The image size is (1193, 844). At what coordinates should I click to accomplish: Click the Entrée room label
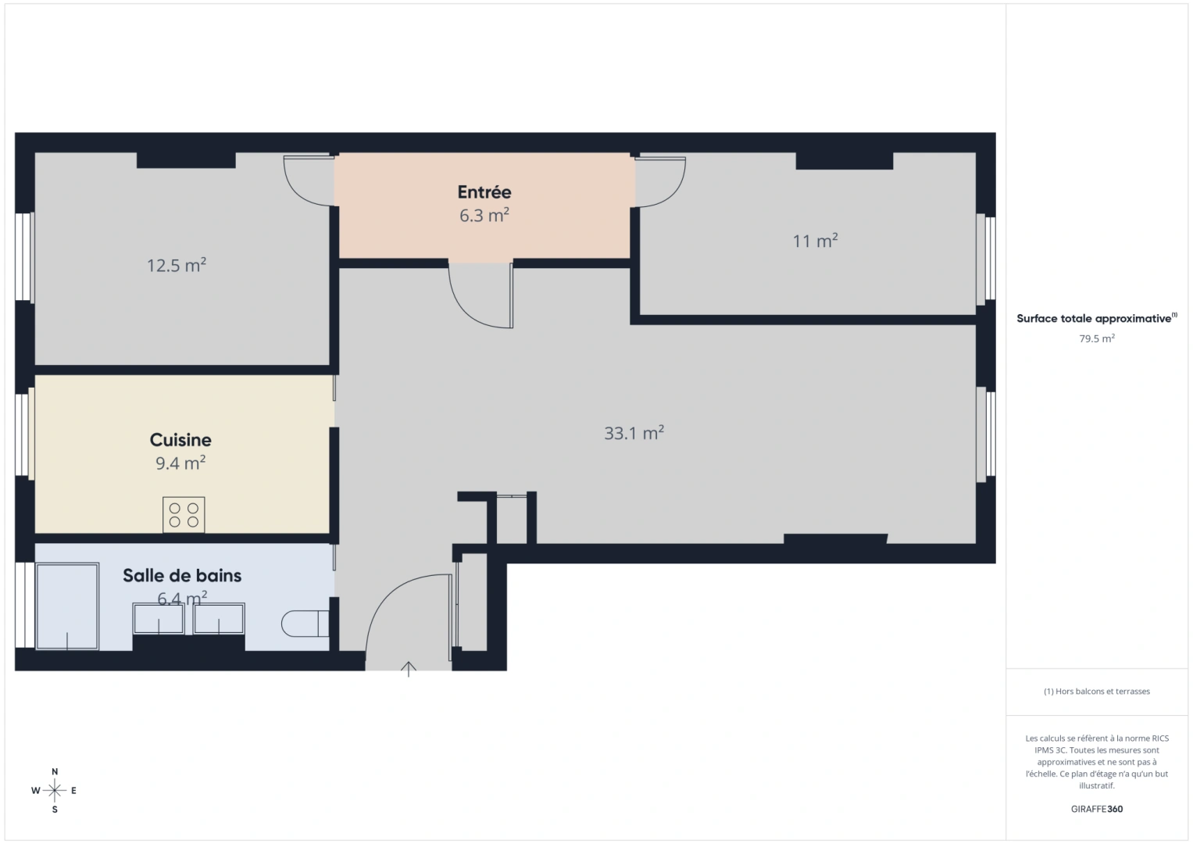tap(484, 192)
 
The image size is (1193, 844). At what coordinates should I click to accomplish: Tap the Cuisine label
tap(180, 440)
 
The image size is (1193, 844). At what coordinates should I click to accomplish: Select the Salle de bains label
tap(182, 576)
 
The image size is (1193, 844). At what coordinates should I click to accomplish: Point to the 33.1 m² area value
tap(634, 433)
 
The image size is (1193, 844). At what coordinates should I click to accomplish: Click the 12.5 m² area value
tap(177, 266)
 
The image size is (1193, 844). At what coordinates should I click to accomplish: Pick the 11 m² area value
tap(815, 241)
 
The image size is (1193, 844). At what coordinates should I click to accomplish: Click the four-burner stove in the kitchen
tap(184, 515)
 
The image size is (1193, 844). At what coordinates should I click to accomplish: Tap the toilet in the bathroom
tap(304, 624)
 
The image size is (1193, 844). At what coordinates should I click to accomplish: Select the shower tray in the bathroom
tap(67, 606)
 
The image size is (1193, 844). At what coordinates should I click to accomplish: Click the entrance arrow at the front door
tap(409, 668)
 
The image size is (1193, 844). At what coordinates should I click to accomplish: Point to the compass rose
tap(55, 791)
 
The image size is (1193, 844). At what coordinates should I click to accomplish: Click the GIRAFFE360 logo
tap(1097, 809)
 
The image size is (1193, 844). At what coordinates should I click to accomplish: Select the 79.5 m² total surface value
tap(1097, 338)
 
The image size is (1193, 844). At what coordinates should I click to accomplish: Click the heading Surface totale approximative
tap(1094, 319)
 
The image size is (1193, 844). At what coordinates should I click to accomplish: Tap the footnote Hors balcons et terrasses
tap(1097, 692)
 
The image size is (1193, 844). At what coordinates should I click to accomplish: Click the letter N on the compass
tap(55, 772)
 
